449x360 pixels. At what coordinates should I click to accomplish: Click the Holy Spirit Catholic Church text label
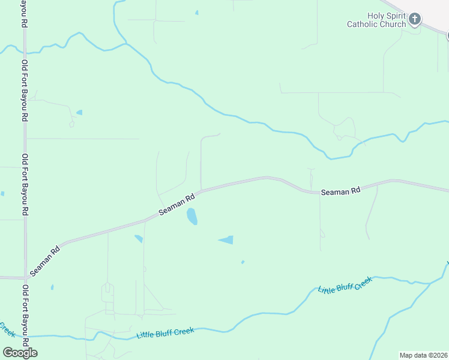pos(376,20)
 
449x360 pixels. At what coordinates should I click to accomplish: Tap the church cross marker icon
pos(415,20)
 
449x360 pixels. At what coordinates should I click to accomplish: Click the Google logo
pos(20,352)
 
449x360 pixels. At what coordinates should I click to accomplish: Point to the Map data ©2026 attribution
pos(423,355)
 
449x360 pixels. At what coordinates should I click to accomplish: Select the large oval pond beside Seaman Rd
pos(191,216)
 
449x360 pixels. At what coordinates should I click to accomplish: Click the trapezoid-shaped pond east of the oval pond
pos(227,240)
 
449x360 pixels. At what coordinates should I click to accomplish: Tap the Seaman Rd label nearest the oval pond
pos(177,205)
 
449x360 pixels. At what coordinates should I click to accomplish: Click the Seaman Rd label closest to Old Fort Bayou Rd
pos(45,260)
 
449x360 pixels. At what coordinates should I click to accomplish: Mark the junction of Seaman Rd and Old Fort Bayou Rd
pos(25,277)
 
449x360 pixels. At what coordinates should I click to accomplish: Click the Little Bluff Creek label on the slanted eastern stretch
pos(345,284)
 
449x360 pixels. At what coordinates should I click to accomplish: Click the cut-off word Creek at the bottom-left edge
pos(7,329)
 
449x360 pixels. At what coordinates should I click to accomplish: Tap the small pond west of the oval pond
pos(139,239)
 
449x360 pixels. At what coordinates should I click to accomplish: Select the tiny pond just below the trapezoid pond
pos(243,262)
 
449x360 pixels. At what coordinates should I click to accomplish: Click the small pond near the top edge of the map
pos(196,13)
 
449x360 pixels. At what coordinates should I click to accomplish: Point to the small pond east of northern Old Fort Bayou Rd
pos(79,112)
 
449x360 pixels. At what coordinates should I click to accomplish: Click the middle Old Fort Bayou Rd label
pos(25,184)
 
